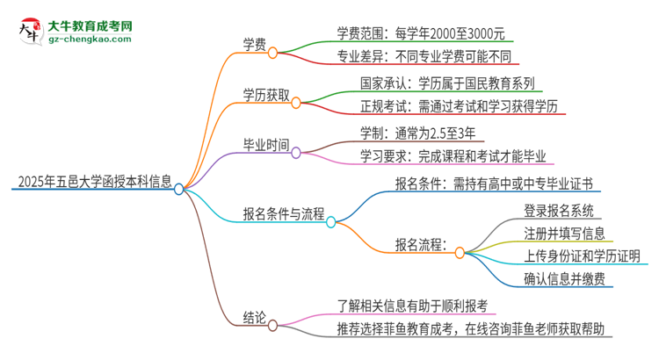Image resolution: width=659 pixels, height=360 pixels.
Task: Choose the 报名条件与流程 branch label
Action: point(283,213)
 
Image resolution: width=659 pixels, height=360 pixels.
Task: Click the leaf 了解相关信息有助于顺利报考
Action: point(411,306)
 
